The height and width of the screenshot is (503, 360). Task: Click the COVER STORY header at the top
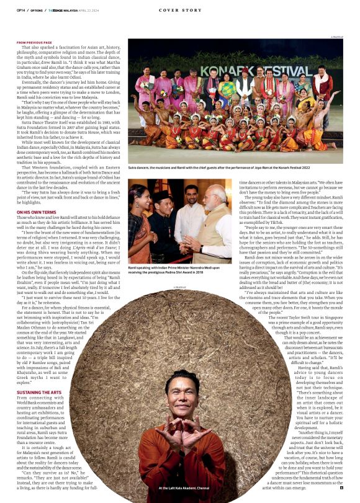point(179,10)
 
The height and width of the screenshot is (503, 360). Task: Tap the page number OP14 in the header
point(20,10)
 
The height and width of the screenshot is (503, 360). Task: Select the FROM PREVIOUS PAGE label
point(34,43)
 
